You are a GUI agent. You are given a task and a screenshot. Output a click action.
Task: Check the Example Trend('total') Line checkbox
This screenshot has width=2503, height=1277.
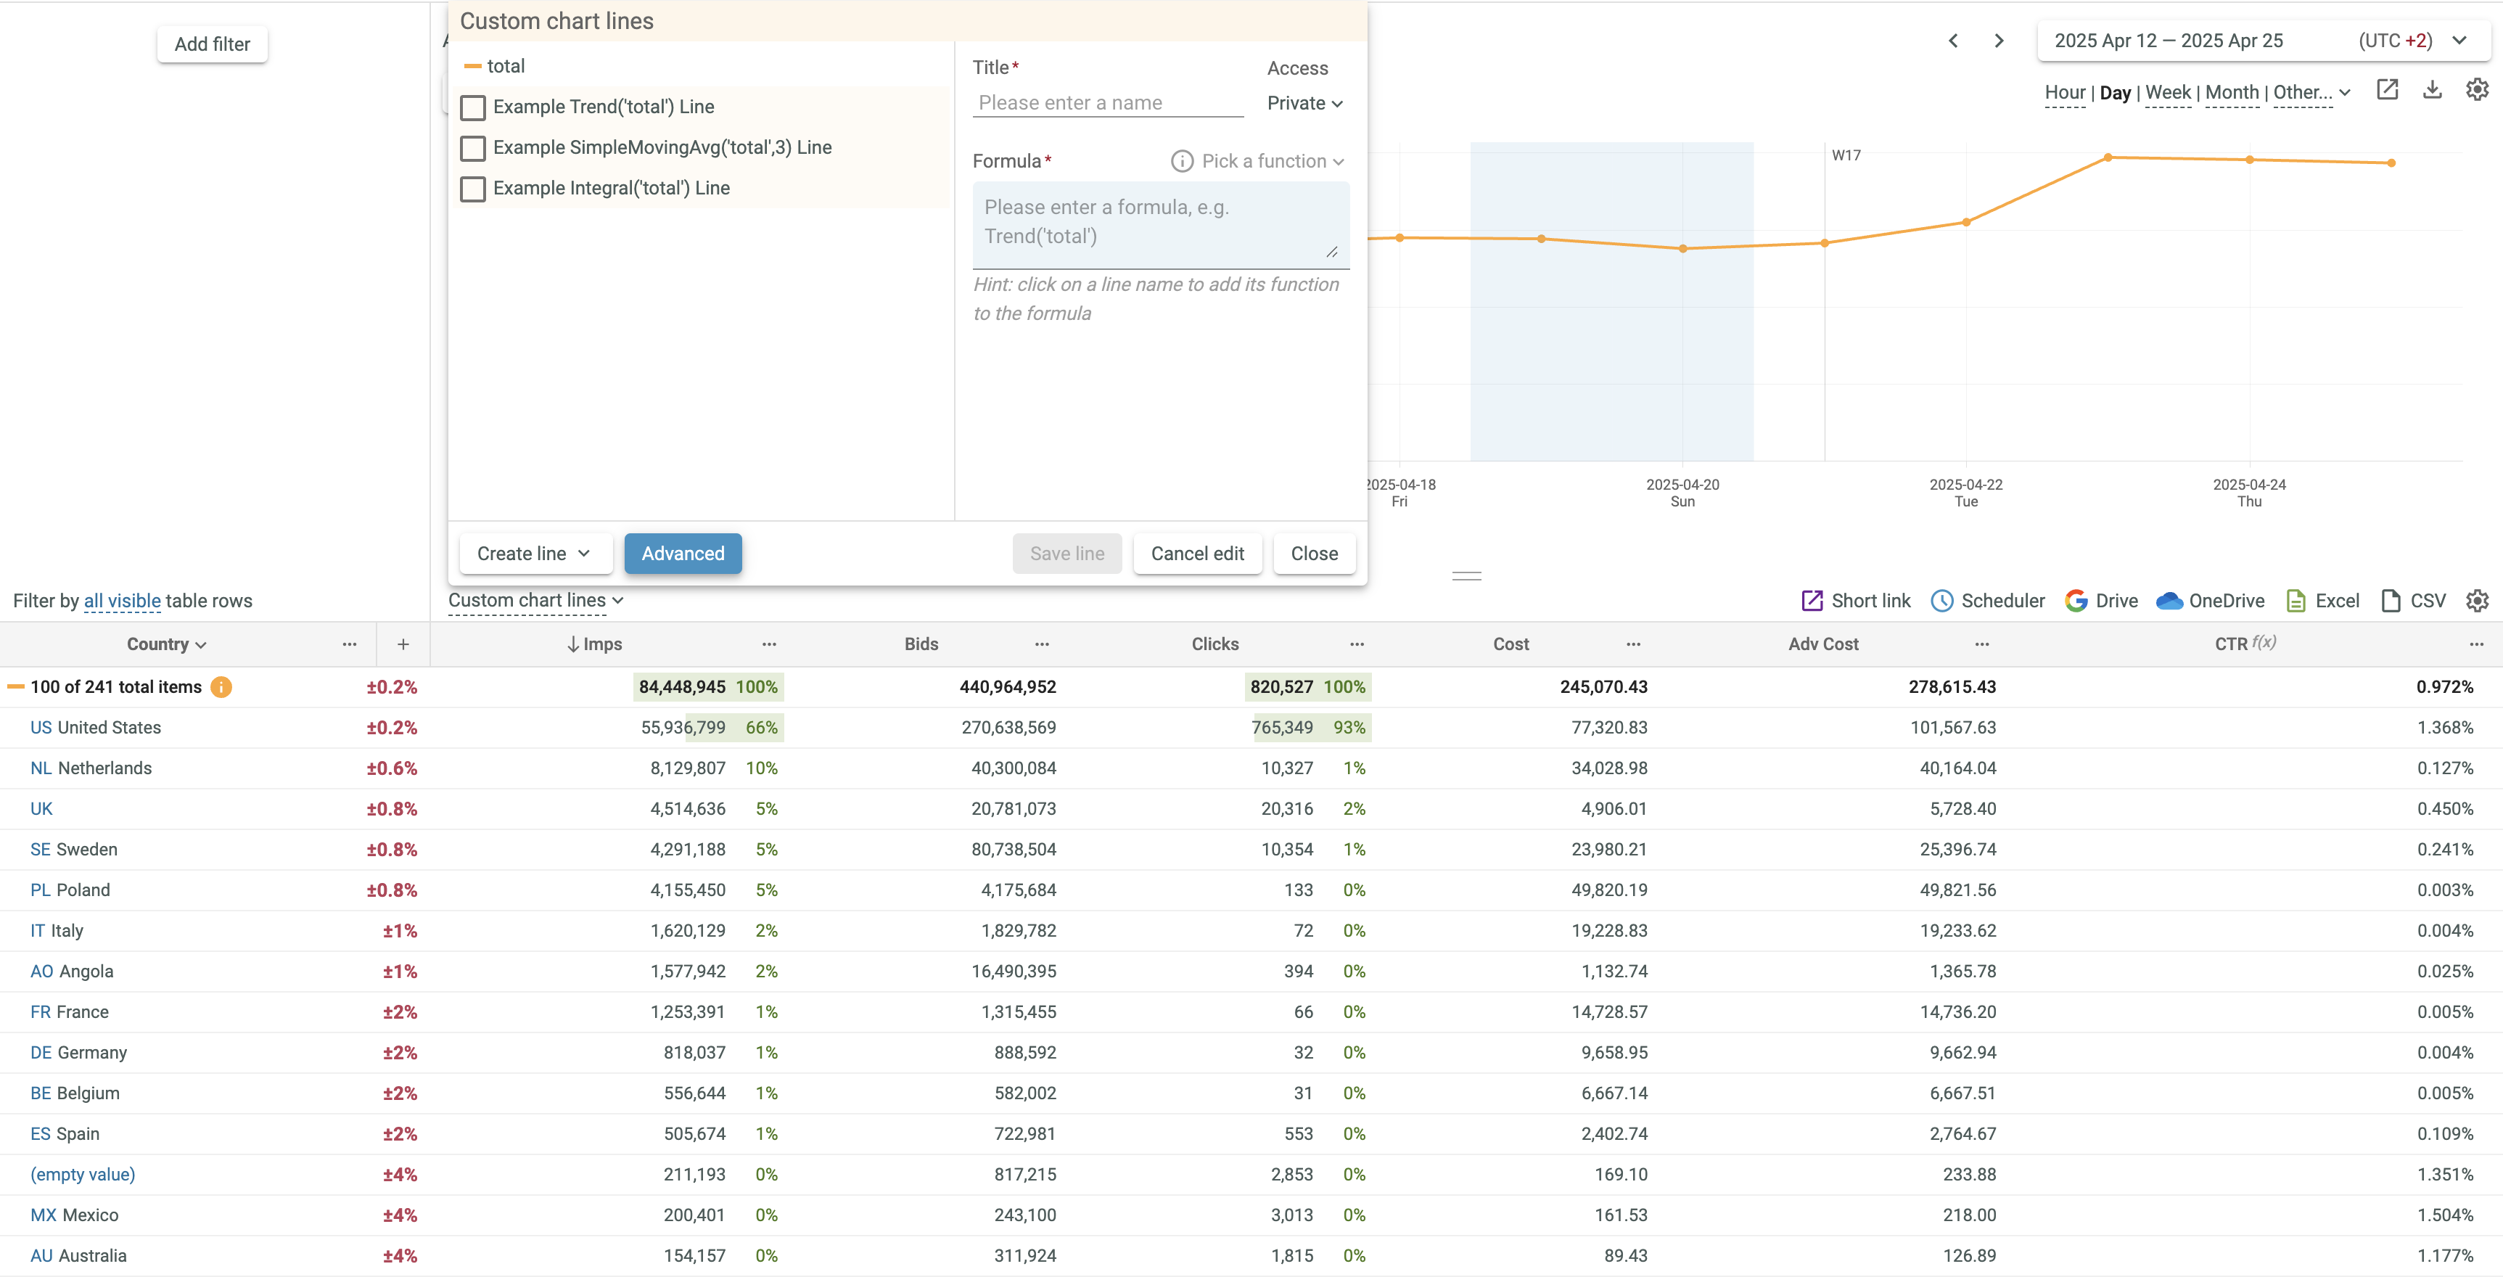click(473, 107)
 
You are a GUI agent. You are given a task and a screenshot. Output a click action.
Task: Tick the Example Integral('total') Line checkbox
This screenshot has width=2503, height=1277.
click(473, 189)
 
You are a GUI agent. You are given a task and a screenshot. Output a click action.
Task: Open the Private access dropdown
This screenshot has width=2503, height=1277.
click(1304, 103)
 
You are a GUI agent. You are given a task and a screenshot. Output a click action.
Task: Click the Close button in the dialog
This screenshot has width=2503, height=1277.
click(1314, 553)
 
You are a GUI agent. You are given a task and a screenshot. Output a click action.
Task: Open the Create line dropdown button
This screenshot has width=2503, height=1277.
click(535, 553)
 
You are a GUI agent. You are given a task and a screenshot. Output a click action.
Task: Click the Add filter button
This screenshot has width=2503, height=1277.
click(212, 44)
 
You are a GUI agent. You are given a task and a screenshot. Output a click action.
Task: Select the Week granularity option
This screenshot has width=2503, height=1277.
click(2167, 92)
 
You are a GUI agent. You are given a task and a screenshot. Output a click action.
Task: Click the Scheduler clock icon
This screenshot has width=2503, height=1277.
click(1941, 601)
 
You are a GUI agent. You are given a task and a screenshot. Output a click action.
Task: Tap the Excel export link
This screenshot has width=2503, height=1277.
click(2323, 601)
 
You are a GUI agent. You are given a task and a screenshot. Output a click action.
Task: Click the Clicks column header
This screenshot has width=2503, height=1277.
click(1214, 644)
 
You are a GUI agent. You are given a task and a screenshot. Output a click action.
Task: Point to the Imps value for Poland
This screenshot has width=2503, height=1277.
click(687, 890)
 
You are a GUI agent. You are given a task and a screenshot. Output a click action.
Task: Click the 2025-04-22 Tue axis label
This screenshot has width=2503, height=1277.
click(1965, 492)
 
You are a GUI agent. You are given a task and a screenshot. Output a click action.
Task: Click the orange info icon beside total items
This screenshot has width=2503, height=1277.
click(221, 687)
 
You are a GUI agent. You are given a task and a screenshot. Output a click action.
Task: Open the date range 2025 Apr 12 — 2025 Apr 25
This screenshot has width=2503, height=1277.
click(2169, 41)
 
